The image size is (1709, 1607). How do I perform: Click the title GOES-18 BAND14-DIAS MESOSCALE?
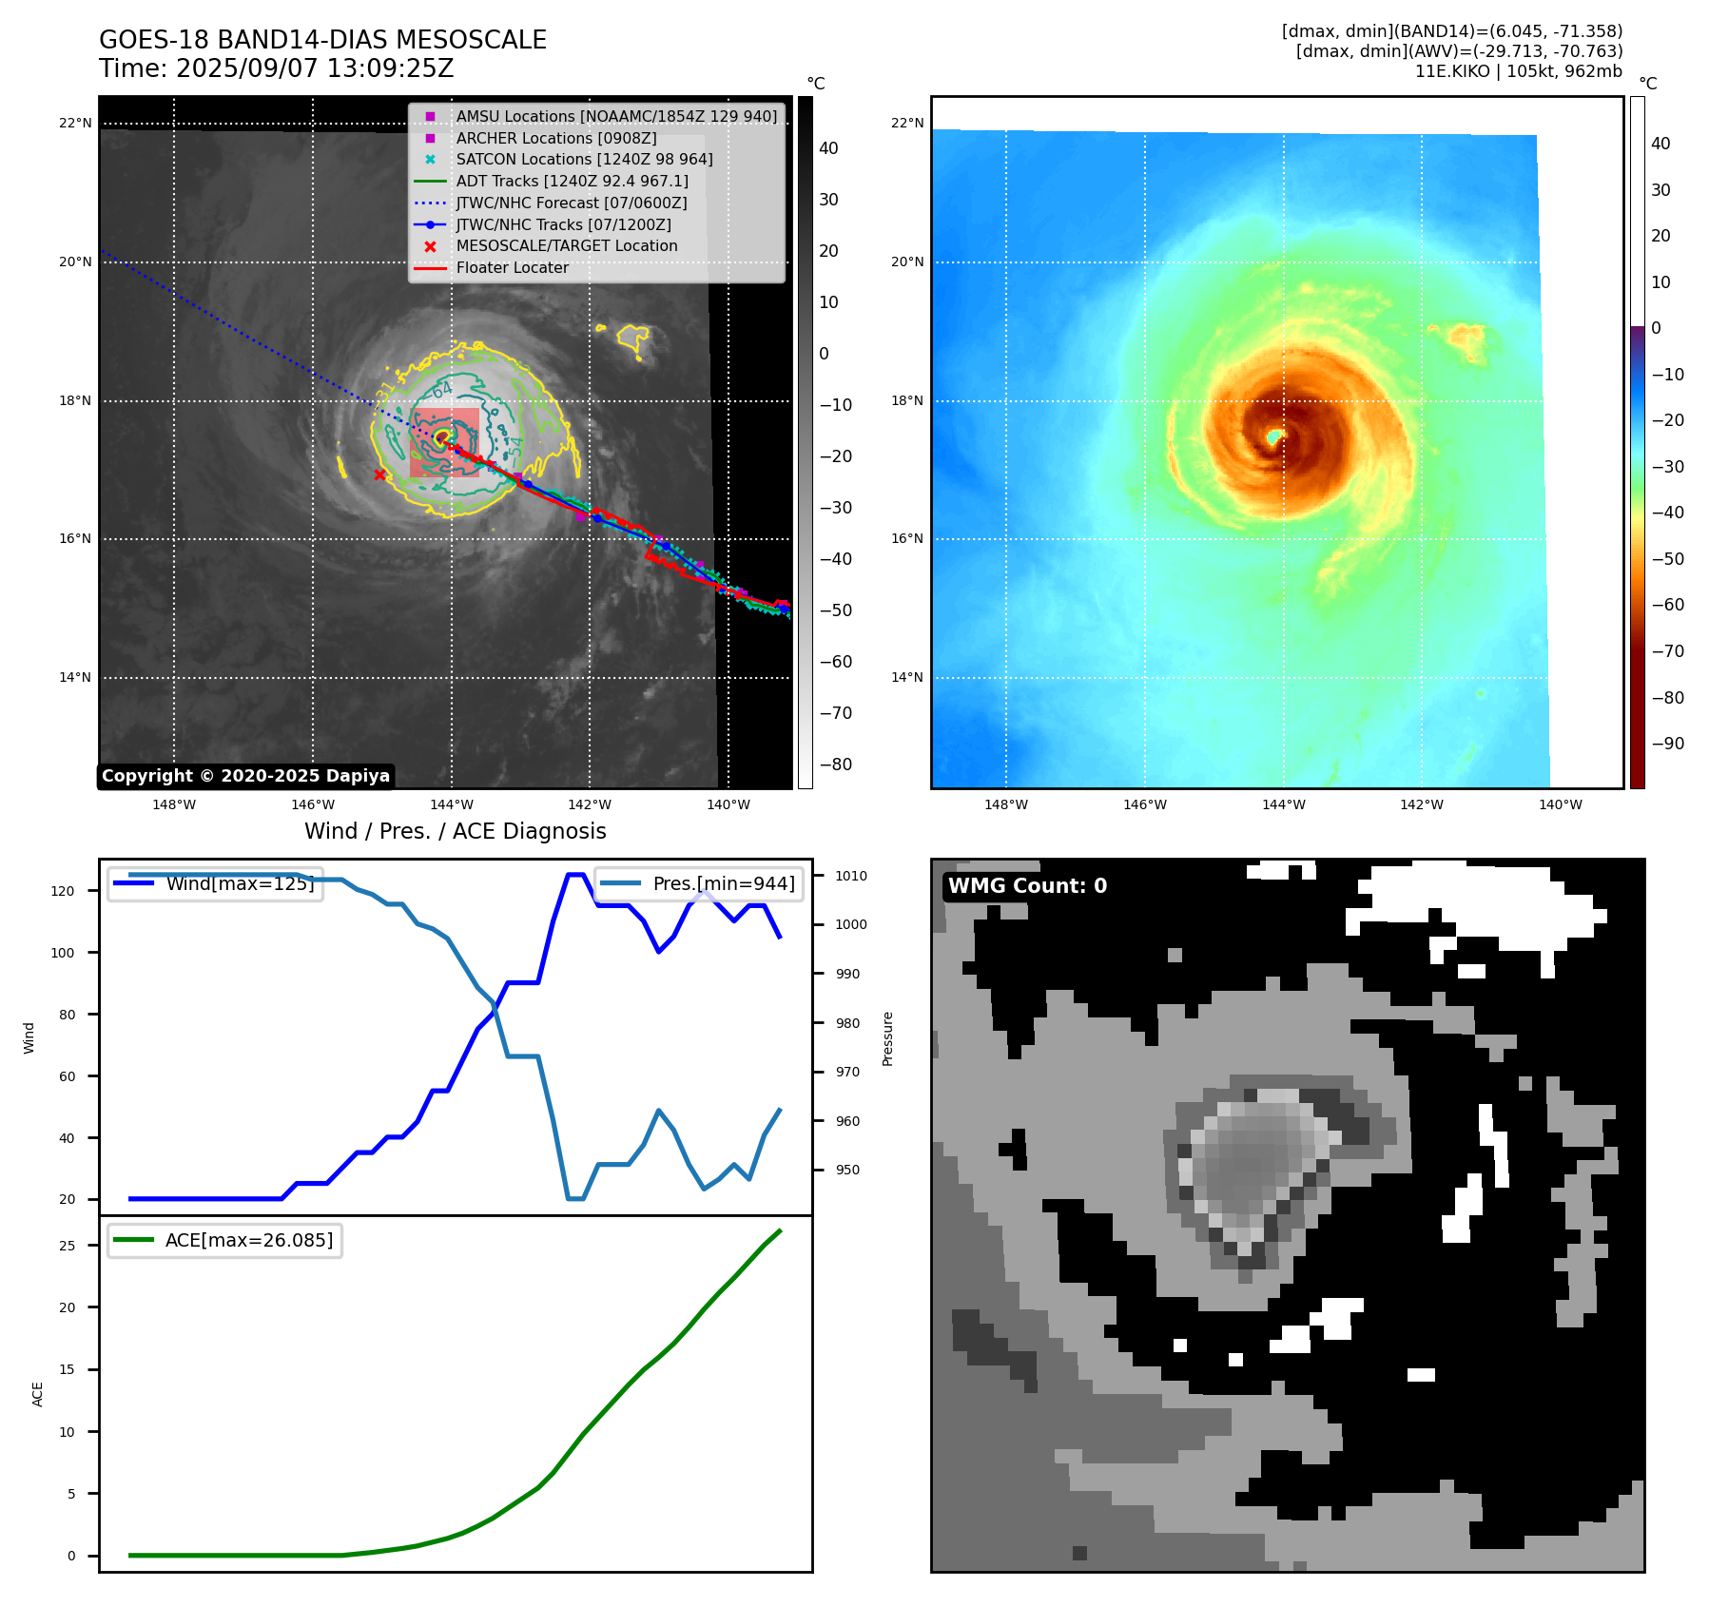[x=322, y=40]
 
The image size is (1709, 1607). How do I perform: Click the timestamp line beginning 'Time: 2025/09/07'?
[x=276, y=68]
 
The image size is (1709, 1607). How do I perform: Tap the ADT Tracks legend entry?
[x=572, y=181]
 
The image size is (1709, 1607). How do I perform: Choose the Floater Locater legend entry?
[x=512, y=268]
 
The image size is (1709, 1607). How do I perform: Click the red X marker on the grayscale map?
[x=379, y=474]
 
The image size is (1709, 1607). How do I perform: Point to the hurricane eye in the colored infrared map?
[x=1274, y=436]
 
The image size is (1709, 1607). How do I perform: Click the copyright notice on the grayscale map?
[x=245, y=776]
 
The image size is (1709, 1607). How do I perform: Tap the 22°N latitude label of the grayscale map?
[x=76, y=124]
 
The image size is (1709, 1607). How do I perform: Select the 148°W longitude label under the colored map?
[x=1006, y=805]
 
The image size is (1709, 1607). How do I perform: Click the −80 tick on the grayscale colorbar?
[x=836, y=765]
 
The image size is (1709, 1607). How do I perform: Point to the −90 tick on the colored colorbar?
[x=1667, y=744]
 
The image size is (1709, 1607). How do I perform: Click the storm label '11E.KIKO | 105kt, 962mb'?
[x=1518, y=71]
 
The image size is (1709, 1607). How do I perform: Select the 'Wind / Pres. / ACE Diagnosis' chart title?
[x=455, y=831]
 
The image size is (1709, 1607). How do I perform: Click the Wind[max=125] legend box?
[x=215, y=883]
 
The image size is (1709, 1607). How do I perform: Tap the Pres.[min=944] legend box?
[x=698, y=883]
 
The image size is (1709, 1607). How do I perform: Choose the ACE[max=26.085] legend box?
[x=224, y=1240]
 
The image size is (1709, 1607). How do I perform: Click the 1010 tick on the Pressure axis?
[x=851, y=876]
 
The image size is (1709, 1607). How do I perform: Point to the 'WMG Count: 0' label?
[x=1027, y=886]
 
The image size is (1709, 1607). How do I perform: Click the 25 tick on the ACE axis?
[x=67, y=1246]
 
